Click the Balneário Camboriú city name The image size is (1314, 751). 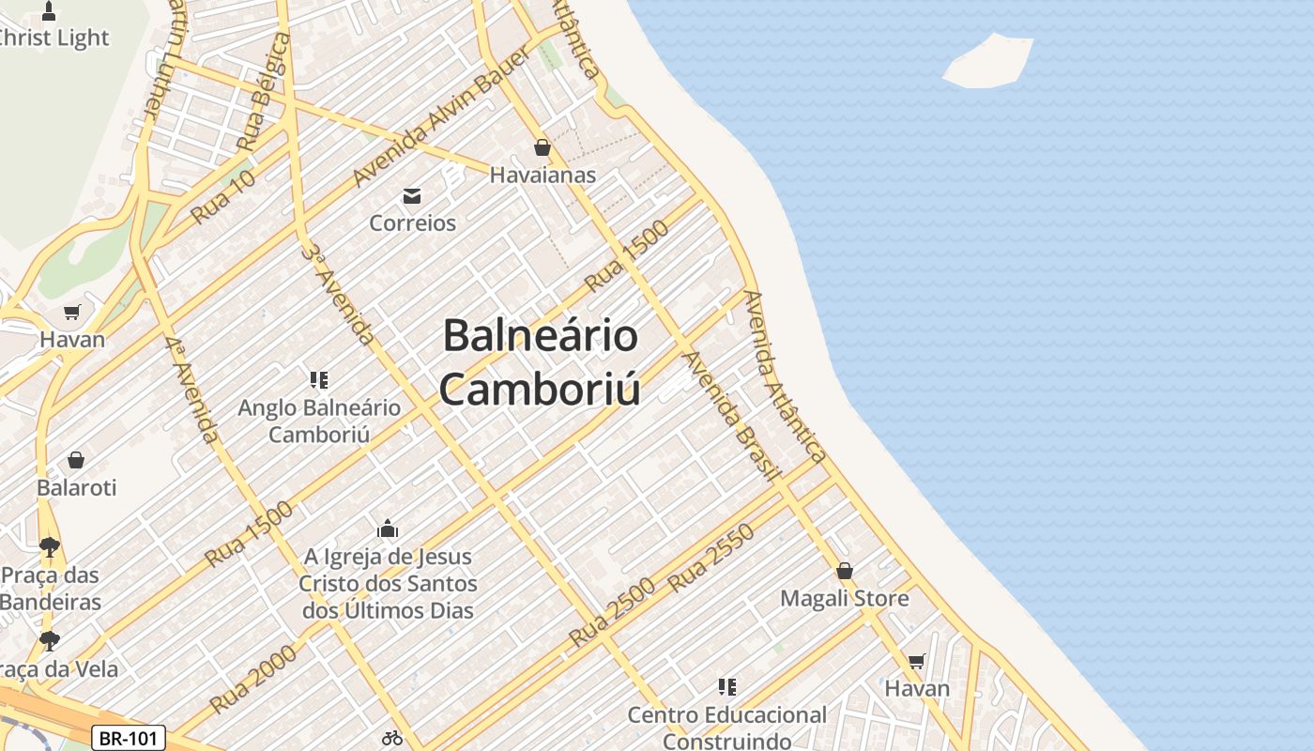click(541, 362)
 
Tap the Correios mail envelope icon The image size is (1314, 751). click(411, 196)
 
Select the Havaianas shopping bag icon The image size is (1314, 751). click(542, 147)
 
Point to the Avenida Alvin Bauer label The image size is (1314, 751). click(440, 115)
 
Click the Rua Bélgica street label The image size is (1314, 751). click(264, 92)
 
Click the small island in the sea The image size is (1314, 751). click(988, 62)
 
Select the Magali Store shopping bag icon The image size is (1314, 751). click(845, 571)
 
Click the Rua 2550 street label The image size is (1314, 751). click(710, 559)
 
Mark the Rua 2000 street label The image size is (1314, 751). click(252, 678)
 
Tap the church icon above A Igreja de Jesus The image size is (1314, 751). click(388, 529)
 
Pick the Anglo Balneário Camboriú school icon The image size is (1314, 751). click(318, 380)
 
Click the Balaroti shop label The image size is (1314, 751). click(77, 488)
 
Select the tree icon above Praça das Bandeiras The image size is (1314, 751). click(50, 546)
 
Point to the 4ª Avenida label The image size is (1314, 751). click(191, 390)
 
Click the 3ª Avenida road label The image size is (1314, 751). click(339, 294)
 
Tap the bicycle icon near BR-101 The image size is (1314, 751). click(392, 738)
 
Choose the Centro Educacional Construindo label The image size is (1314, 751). click(727, 728)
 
